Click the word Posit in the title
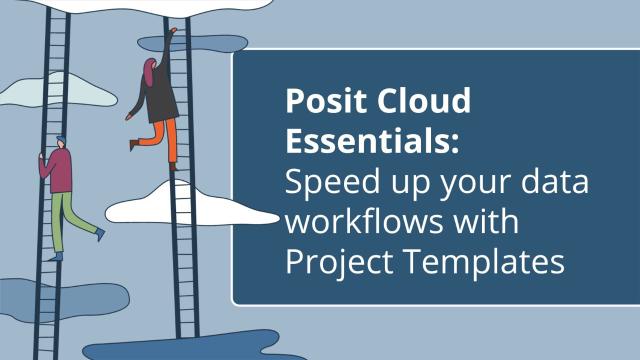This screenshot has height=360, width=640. click(320, 103)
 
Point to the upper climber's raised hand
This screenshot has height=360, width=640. click(172, 31)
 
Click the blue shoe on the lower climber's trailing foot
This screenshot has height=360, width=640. click(99, 233)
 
